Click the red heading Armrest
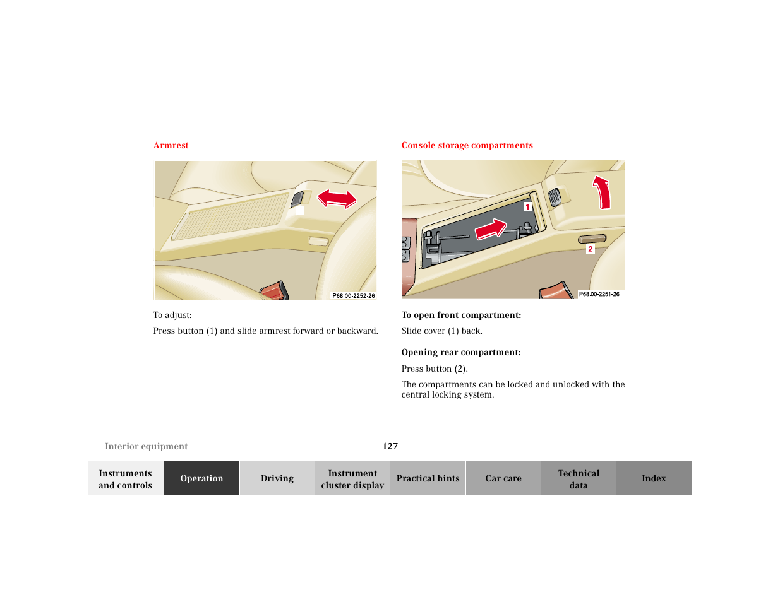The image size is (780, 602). coord(171,145)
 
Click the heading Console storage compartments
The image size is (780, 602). coord(467,145)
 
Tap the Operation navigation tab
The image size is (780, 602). coord(201,478)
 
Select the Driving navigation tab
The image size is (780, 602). coord(277,478)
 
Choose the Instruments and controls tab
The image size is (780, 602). coord(126,479)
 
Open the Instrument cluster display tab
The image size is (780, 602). coord(352,479)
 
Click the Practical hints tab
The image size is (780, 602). coord(428,478)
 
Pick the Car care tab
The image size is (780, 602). coord(503,478)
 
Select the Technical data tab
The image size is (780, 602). coord(579,479)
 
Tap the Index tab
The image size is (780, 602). coord(654,478)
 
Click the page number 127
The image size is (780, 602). coord(390,446)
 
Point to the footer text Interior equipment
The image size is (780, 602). coord(147,446)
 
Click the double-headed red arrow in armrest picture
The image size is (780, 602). coord(337,198)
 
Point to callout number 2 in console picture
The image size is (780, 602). coord(591,249)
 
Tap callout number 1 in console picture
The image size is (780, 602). coord(527,206)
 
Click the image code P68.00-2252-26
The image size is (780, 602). coord(354,295)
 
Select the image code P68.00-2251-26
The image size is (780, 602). coord(599,294)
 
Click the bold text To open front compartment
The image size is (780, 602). coord(461,315)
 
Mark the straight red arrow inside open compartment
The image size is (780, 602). coord(491,229)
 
